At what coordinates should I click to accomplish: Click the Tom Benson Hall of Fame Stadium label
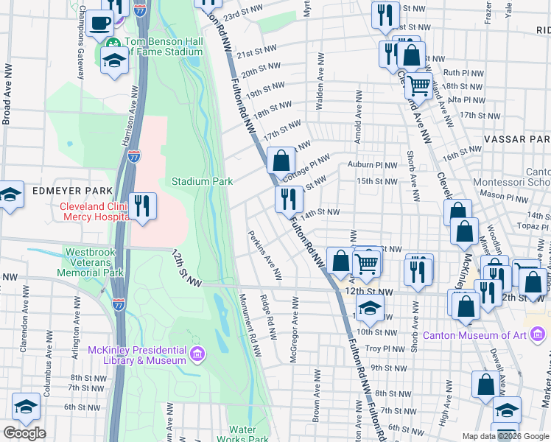click(x=163, y=47)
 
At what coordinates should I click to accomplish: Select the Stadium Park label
click(x=202, y=181)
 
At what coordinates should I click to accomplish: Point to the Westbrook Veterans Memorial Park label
click(x=93, y=262)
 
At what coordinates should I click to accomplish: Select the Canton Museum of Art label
click(x=474, y=336)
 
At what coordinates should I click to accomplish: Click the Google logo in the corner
click(x=24, y=433)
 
